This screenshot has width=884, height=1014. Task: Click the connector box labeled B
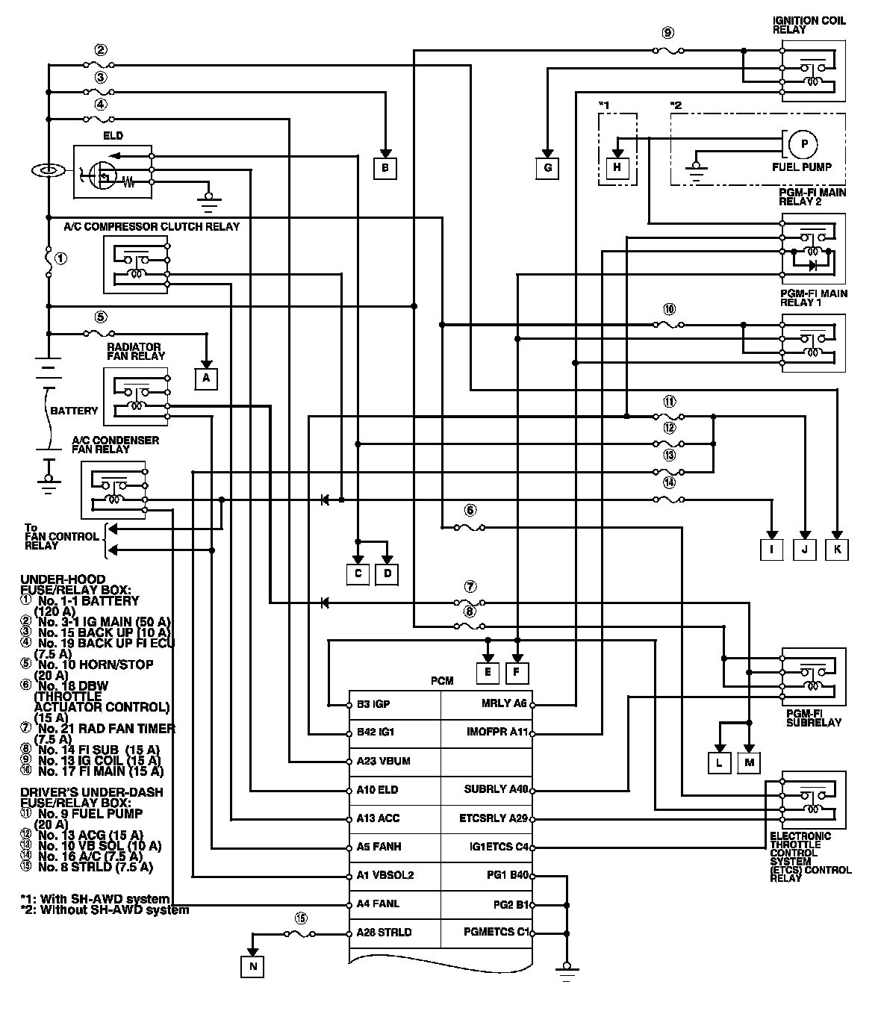point(385,168)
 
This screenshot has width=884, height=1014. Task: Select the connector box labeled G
point(547,168)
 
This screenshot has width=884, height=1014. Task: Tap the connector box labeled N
point(253,966)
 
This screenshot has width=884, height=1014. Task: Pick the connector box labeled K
point(837,550)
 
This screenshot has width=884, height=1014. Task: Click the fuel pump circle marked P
point(803,144)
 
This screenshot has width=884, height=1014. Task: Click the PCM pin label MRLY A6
point(505,703)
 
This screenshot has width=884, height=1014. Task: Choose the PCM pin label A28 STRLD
point(385,933)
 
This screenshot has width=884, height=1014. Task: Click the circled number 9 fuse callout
point(667,33)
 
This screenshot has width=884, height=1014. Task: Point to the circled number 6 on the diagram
point(470,511)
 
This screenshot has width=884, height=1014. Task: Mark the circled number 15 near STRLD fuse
point(301,918)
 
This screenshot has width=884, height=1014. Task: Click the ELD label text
point(113,136)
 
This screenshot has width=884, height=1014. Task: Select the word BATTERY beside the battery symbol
point(74,411)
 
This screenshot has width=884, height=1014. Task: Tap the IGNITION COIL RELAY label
point(809,25)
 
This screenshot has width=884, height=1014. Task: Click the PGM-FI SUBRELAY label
point(814,718)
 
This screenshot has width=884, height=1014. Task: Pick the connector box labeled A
point(206,379)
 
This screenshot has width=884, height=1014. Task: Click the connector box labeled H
point(617,168)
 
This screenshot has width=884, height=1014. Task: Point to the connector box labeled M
point(748,762)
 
